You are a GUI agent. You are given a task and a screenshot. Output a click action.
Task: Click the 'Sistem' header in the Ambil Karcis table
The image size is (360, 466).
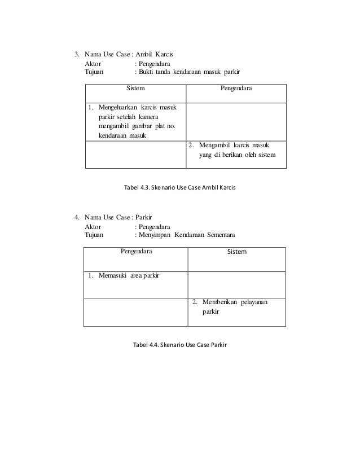click(x=135, y=89)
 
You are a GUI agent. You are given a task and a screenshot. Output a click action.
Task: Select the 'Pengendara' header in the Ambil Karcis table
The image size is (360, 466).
click(x=236, y=89)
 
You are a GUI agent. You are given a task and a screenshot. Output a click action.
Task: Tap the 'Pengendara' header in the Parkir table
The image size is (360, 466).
click(x=136, y=251)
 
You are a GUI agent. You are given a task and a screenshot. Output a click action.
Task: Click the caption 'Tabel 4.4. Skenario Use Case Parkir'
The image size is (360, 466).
click(x=179, y=344)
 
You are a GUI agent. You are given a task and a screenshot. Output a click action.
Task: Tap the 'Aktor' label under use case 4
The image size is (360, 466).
click(x=93, y=226)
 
